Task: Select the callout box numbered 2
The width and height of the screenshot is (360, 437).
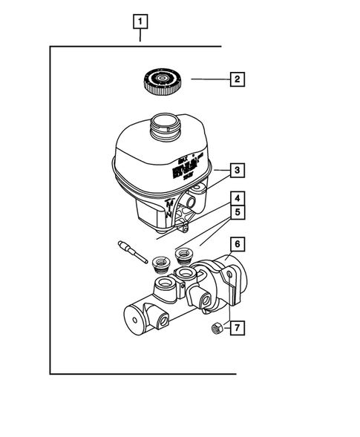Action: tap(236, 79)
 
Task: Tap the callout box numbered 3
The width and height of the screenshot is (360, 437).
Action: tap(235, 171)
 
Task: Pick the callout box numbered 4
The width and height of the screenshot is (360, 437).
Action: tap(235, 199)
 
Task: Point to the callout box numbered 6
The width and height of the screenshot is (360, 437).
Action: tap(235, 243)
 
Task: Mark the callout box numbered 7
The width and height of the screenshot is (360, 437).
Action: tap(235, 327)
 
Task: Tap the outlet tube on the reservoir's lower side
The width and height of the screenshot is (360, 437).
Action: tap(195, 200)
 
